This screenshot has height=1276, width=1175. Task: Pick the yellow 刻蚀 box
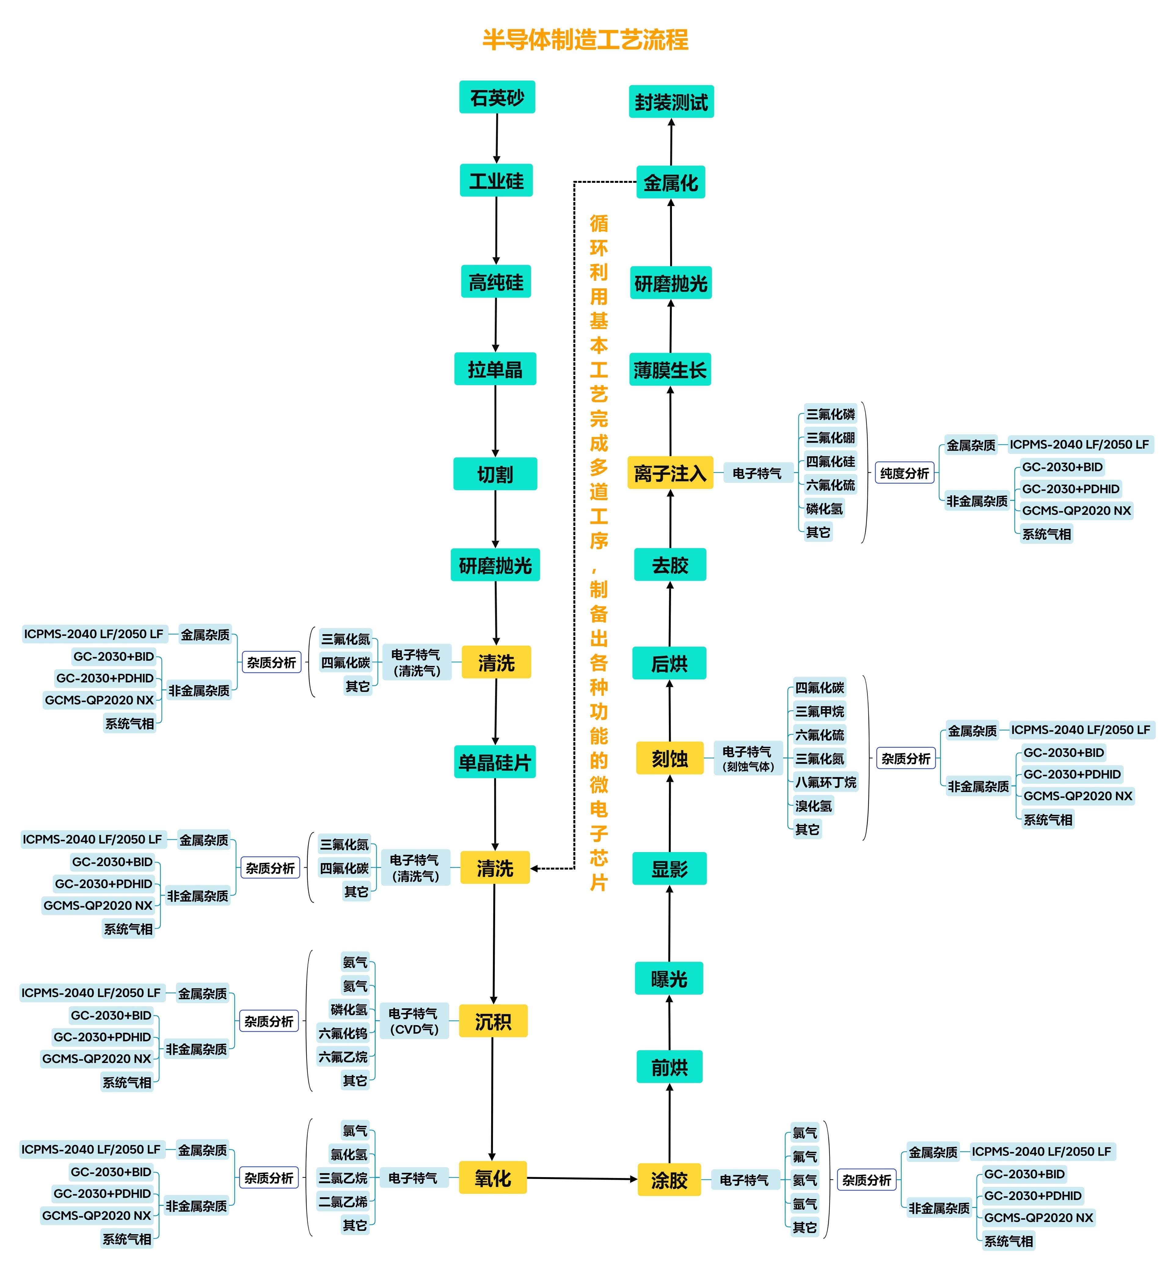pos(670,758)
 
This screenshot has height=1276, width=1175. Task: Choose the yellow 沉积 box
pos(493,1021)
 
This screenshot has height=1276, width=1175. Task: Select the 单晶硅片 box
pos(495,762)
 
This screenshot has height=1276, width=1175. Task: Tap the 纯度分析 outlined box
pos(904,473)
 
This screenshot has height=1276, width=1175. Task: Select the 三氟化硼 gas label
pos(830,437)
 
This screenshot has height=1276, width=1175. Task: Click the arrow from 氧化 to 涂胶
pos(582,1179)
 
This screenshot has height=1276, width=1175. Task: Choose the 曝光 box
pos(669,979)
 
